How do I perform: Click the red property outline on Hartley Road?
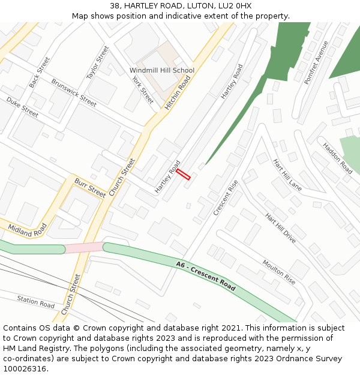[183, 174]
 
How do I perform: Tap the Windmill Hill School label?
[162, 70]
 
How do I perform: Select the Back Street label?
[40, 73]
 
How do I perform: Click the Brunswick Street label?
[74, 93]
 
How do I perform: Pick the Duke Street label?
[22, 107]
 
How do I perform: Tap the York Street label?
[143, 90]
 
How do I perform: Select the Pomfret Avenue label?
[316, 62]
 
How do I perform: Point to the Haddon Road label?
[337, 158]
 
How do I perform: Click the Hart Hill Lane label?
[287, 175]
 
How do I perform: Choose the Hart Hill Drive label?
[280, 228]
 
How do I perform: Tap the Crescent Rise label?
[226, 197]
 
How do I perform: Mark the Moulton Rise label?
[278, 272]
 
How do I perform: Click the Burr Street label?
[90, 188]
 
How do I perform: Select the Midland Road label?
[28, 229]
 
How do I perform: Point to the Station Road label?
[36, 301]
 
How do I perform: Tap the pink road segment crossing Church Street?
[84, 247]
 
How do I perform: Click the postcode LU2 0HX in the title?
[236, 6]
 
